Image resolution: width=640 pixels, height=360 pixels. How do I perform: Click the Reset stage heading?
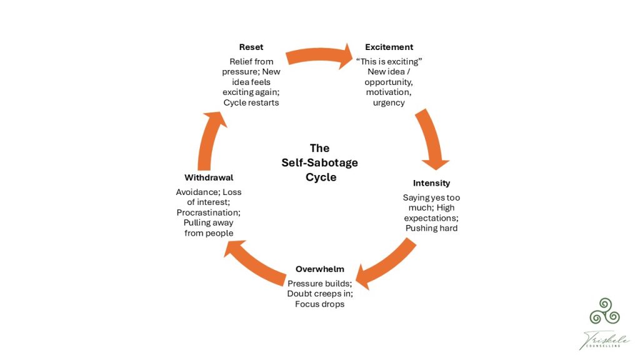pyautogui.click(x=251, y=47)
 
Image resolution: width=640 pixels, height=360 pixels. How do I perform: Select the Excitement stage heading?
pyautogui.click(x=389, y=47)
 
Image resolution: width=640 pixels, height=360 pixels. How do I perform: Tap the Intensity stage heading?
pyautogui.click(x=431, y=183)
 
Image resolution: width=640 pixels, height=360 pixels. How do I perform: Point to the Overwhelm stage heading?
pyautogui.click(x=319, y=269)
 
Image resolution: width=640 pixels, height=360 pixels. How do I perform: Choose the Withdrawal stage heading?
pyautogui.click(x=209, y=178)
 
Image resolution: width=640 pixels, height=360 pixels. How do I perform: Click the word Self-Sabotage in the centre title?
pyautogui.click(x=319, y=162)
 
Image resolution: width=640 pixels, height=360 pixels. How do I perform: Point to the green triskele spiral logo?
pyautogui.click(x=606, y=311)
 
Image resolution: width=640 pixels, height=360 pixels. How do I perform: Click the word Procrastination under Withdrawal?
pyautogui.click(x=208, y=212)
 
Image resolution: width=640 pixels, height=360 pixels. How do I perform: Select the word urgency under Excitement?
pyautogui.click(x=389, y=102)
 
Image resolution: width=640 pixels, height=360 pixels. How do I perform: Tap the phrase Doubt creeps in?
pyautogui.click(x=319, y=294)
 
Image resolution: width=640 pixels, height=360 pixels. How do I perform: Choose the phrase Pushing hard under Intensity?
pyautogui.click(x=431, y=228)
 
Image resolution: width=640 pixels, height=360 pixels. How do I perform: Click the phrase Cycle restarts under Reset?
pyautogui.click(x=251, y=102)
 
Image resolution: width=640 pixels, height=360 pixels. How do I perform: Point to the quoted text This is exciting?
pyautogui.click(x=389, y=61)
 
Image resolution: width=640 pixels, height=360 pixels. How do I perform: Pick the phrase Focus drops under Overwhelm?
pyautogui.click(x=319, y=304)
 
